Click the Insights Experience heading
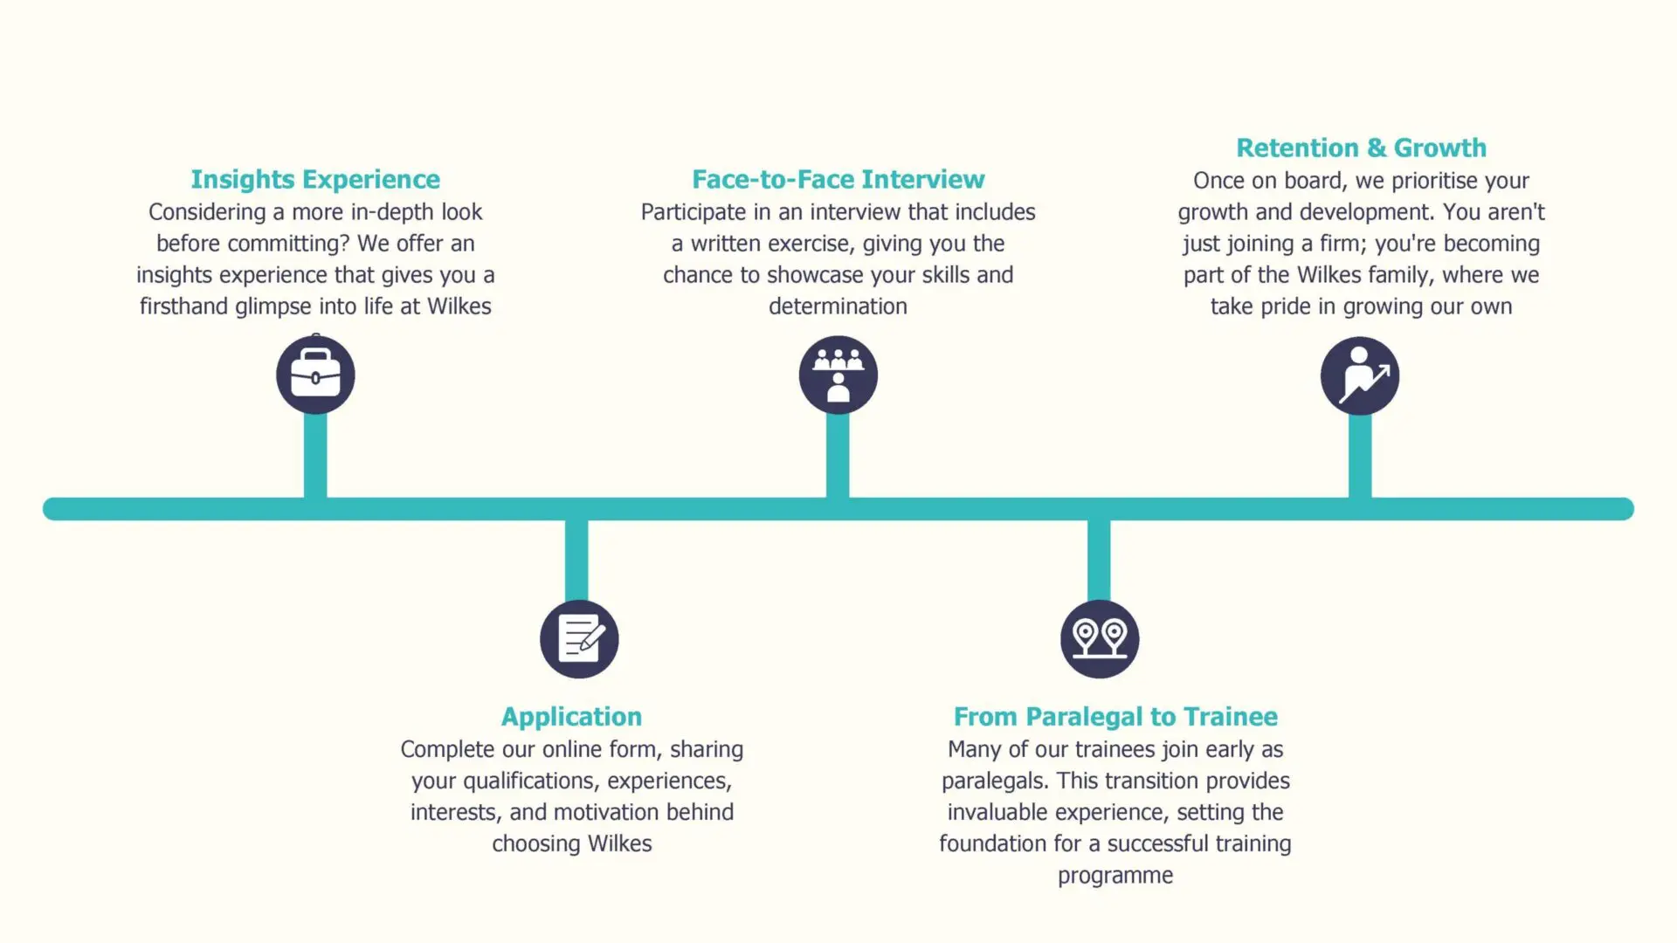315,180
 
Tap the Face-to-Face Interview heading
838,180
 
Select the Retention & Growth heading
1361,148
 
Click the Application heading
571,718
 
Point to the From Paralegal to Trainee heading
1115,717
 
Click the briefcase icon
315,375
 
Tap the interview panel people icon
838,375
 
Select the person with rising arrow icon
1360,376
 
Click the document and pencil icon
579,639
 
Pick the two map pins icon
1100,639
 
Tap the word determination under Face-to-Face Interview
838,306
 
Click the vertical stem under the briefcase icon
315,456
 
